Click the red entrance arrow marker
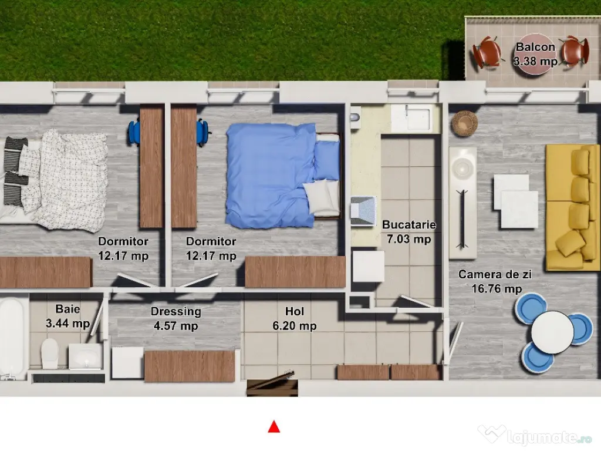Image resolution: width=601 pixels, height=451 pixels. [274, 427]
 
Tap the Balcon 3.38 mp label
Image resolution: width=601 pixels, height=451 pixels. [535, 54]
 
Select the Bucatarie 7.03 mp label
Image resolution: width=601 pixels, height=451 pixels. [408, 231]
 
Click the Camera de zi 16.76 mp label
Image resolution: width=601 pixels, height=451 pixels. [489, 281]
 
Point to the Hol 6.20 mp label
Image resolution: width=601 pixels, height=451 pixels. [300, 319]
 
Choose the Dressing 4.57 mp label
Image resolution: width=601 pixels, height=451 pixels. [175, 319]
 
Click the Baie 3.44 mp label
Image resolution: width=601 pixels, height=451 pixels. [67, 315]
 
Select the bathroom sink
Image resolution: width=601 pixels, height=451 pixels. [85, 356]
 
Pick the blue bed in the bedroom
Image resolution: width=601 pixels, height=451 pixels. [276, 175]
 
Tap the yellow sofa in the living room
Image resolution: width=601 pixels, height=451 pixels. [572, 207]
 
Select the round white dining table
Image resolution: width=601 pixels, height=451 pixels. [552, 332]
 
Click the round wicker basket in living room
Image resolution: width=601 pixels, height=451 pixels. [464, 123]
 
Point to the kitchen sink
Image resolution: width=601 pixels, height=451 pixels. [416, 118]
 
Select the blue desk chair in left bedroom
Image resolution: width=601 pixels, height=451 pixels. [134, 132]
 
